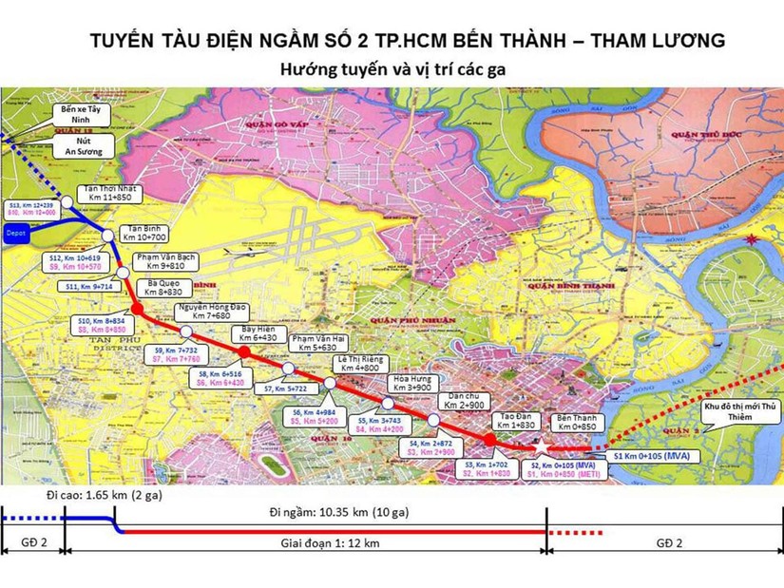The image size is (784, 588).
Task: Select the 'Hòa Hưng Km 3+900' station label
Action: coord(412,383)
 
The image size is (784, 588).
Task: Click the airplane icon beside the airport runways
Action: coord(237,254)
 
